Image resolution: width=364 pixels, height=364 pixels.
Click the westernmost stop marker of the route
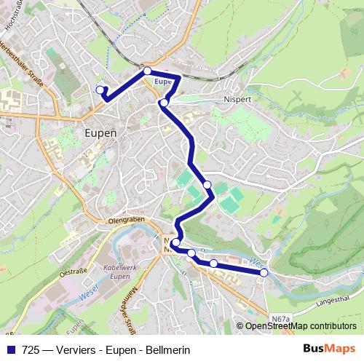point(100,90)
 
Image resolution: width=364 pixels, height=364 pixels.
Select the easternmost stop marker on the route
point(264,272)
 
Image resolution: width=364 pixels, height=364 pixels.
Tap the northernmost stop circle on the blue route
point(148,71)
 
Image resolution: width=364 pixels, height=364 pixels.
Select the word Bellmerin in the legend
point(167,349)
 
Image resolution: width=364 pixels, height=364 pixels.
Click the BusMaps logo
point(329,349)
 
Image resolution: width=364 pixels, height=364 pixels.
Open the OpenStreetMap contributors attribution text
point(301,326)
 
